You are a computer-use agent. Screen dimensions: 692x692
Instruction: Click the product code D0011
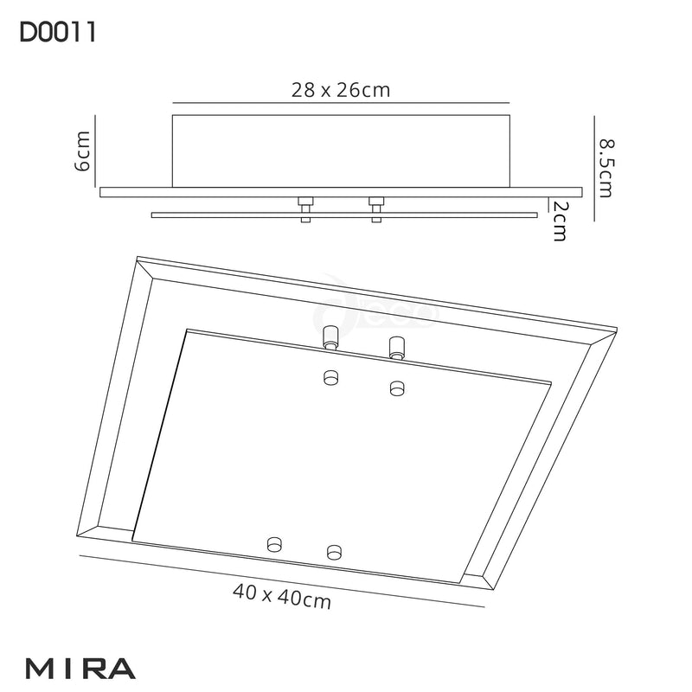coord(56,33)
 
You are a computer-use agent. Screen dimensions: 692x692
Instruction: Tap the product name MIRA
coord(80,668)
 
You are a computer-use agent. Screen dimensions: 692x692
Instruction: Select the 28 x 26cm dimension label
coord(339,90)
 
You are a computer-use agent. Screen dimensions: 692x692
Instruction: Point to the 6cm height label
coord(83,151)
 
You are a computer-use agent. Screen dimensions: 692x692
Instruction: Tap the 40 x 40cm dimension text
coord(282,596)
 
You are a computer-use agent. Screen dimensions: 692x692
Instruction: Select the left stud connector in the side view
coord(304,208)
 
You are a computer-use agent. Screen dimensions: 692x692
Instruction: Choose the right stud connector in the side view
coord(375,208)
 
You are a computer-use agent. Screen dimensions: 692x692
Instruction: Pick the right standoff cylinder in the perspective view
coord(397,347)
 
